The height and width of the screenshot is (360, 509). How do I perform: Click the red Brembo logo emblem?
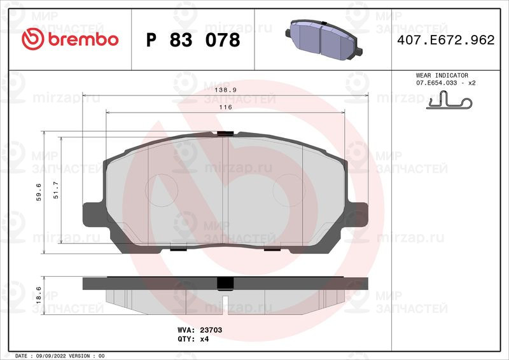(32, 39)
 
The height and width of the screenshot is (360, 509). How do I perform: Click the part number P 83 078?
(193, 40)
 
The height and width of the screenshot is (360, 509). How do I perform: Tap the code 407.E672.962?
(446, 40)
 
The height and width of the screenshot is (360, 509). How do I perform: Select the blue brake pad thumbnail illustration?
(324, 39)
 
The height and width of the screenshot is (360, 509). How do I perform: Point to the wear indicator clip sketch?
(449, 100)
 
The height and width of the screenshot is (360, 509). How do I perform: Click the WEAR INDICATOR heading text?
(442, 75)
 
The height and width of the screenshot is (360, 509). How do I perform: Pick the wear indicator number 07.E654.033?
(436, 83)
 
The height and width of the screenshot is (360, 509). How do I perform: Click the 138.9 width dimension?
(226, 90)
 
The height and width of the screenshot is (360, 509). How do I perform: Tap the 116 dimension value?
(226, 107)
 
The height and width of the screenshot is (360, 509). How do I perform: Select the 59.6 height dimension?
(39, 192)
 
